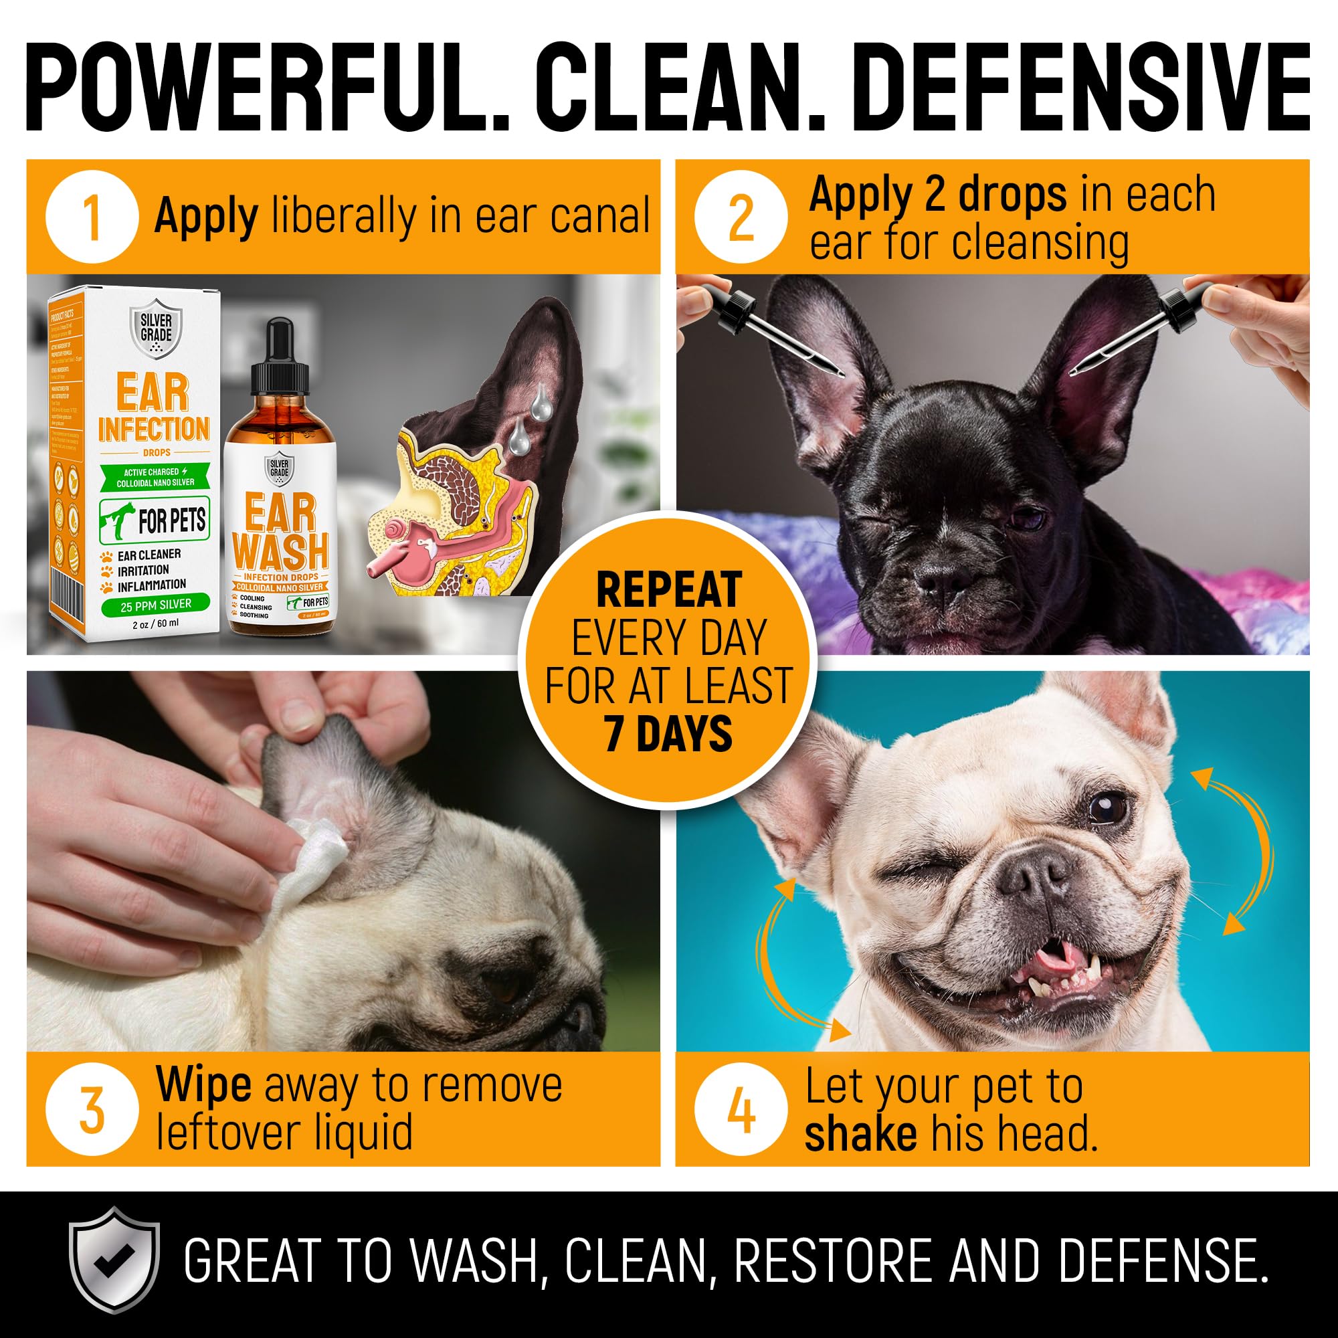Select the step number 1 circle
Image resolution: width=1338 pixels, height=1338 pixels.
tap(92, 217)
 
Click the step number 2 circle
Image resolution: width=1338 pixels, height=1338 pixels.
tap(741, 217)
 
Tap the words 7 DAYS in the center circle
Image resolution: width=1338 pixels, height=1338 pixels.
tap(668, 735)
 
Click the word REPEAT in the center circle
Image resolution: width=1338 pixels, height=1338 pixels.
tap(669, 591)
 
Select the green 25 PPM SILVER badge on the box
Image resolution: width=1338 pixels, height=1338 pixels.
tap(156, 605)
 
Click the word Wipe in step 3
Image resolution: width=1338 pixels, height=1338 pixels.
tap(203, 1084)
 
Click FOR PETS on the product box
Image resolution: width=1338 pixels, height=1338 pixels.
tap(171, 520)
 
